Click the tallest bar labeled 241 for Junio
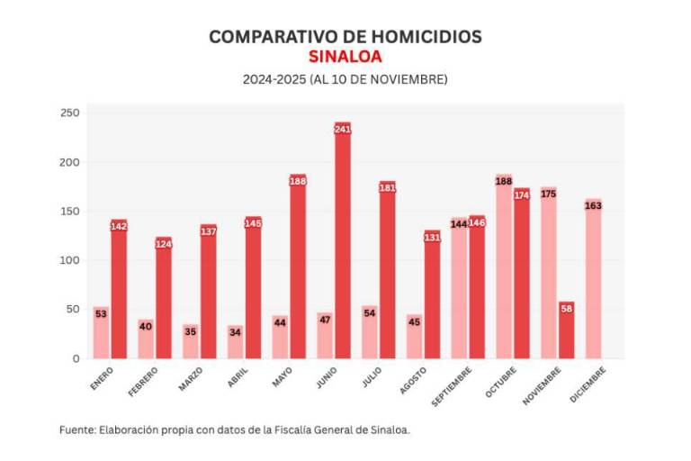[342, 243]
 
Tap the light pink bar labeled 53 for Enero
[101, 335]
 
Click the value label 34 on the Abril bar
[235, 331]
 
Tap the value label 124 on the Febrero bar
[163, 244]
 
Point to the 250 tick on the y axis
[70, 113]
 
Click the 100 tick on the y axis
[70, 260]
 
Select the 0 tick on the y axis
[76, 358]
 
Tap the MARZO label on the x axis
[190, 379]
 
